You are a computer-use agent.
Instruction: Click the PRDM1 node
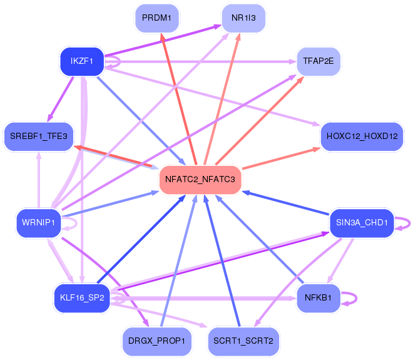click(x=156, y=18)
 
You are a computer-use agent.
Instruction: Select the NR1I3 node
click(x=243, y=18)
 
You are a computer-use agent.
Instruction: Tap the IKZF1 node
click(x=81, y=61)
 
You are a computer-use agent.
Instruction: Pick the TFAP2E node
click(x=319, y=61)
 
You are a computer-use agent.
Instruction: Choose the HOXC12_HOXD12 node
click(x=361, y=136)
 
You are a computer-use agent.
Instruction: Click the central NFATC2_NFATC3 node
click(x=200, y=180)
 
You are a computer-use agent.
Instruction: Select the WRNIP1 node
click(x=39, y=222)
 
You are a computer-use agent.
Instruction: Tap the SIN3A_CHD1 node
click(x=362, y=222)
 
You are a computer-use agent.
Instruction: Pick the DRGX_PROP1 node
click(x=156, y=341)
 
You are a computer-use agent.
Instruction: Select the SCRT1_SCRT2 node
click(x=243, y=341)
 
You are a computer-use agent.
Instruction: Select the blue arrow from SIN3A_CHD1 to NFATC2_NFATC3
click(x=285, y=202)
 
